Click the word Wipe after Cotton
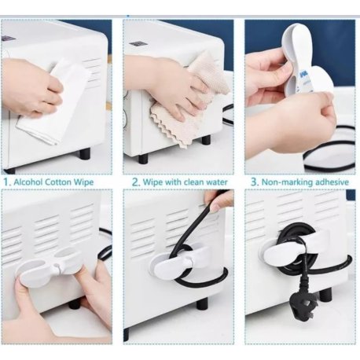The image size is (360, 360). click(83, 182)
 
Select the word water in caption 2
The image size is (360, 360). click(215, 182)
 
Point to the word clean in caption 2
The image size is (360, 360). click(192, 182)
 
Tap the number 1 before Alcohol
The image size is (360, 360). click(7, 182)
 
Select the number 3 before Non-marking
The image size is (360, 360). click(254, 182)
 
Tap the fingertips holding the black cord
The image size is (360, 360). click(219, 202)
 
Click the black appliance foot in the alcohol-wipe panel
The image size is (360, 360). click(84, 154)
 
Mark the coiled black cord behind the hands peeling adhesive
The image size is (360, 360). click(328, 149)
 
